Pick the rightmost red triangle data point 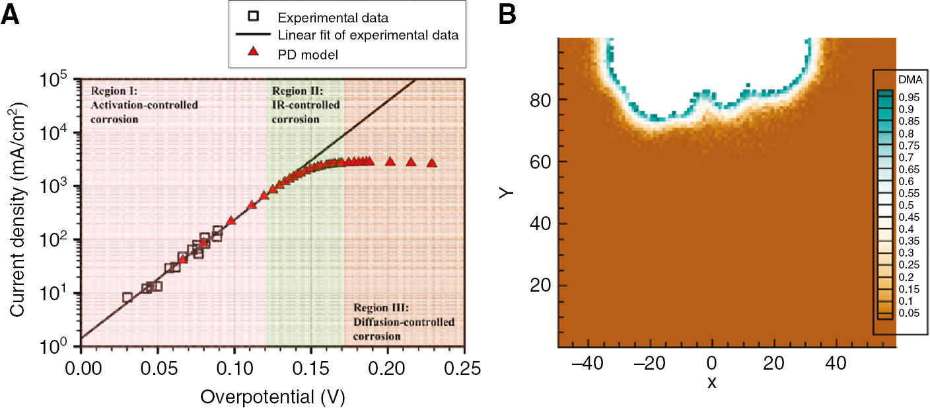click(432, 163)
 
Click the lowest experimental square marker click(127, 298)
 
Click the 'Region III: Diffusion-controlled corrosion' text click(404, 322)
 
